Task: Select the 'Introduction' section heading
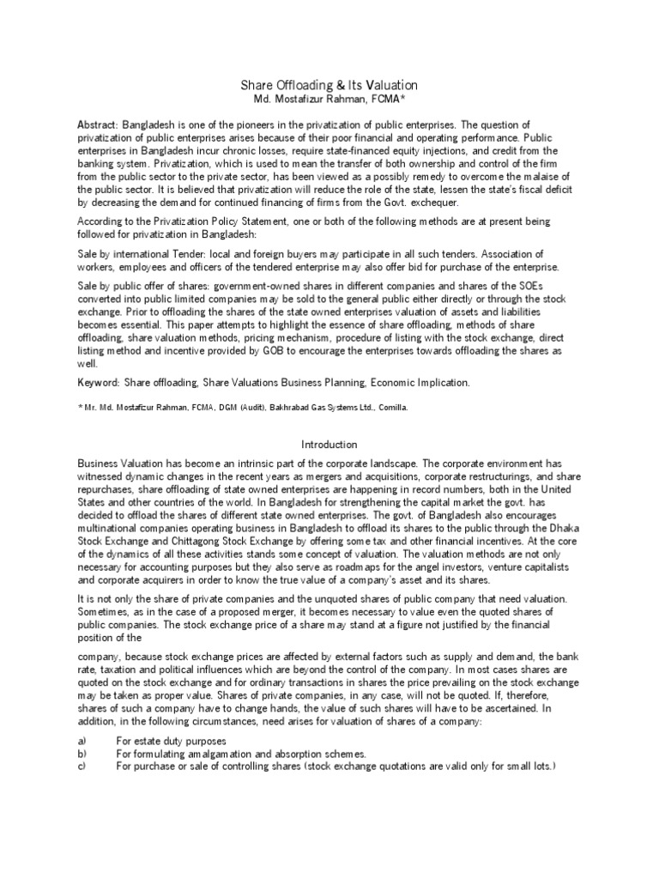click(329, 445)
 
